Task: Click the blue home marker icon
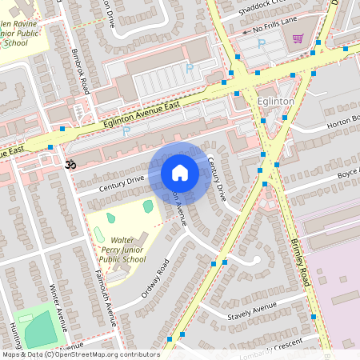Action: pyautogui.click(x=180, y=173)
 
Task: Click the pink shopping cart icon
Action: pyautogui.click(x=298, y=38)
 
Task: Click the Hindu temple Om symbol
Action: pyautogui.click(x=69, y=165)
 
